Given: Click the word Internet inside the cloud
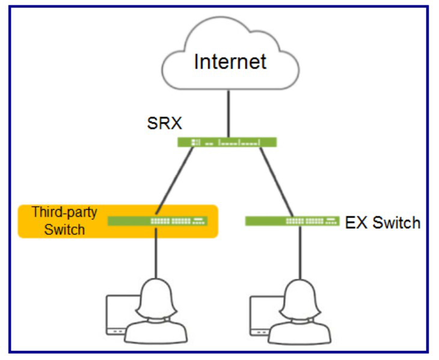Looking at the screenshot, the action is click(230, 61).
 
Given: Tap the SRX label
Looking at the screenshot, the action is click(165, 123).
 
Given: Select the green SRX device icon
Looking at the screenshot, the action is click(227, 142).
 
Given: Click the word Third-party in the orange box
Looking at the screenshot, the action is click(64, 212).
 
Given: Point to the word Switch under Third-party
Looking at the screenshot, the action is click(64, 230).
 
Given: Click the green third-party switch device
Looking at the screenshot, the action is click(158, 221).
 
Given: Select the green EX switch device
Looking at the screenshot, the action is click(292, 221).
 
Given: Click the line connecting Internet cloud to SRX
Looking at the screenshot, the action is click(229, 114).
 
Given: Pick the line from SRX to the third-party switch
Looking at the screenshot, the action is click(174, 182).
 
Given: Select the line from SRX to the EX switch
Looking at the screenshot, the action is click(277, 182).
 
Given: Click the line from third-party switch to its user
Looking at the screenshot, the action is click(156, 252).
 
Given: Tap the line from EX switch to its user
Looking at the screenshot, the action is click(300, 252).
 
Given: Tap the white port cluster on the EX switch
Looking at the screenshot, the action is click(312, 221).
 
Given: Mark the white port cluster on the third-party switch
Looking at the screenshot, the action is click(178, 221).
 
